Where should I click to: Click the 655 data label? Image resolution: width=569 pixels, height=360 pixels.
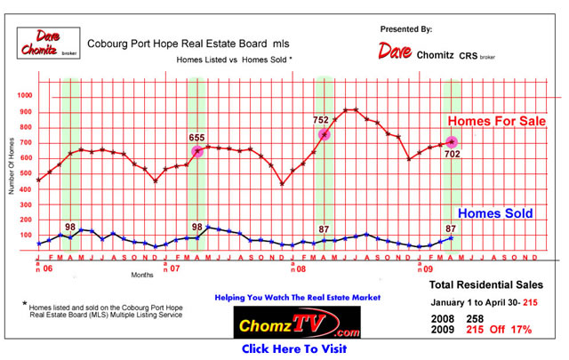(197, 138)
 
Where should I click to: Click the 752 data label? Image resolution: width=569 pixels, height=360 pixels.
(321, 119)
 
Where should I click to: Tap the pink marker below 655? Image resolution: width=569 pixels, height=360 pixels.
(197, 152)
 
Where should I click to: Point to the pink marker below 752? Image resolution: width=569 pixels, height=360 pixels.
(325, 134)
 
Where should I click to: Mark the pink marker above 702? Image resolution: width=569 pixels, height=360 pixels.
(453, 141)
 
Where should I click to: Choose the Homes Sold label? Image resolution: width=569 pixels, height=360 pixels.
(496, 213)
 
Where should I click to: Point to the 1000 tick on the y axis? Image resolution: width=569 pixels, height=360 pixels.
(23, 96)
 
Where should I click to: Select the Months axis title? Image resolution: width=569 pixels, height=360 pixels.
(142, 276)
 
